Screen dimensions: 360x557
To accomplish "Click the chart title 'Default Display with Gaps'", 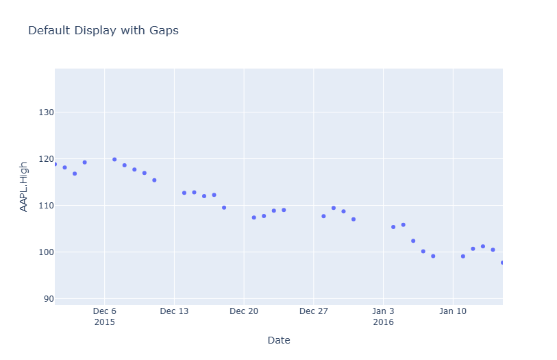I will coord(103,30).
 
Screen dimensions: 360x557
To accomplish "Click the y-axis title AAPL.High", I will coord(23,186).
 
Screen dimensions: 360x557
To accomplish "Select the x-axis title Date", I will coord(279,340).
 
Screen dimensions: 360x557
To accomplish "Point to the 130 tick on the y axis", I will coord(45,112).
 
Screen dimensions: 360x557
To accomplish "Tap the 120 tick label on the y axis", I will coord(45,159).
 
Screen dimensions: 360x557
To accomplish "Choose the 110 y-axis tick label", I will coord(45,206).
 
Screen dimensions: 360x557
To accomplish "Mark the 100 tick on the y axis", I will coord(45,252).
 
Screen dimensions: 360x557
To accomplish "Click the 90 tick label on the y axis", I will coord(47,299).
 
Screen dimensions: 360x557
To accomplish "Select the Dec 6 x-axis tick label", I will coord(104,311).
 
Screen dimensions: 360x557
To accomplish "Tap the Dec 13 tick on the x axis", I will coord(174,311).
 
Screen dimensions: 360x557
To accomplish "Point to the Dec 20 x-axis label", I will coord(244,311).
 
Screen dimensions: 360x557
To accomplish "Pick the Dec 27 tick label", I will coord(313,311).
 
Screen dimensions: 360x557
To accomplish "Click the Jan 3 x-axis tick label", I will coord(383,311).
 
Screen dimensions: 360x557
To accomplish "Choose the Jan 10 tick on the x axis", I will coord(453,311).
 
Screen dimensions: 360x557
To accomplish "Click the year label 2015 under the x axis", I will coord(104,322).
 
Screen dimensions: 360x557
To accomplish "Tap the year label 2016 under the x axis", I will coord(383,322).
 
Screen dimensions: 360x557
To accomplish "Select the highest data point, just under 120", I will coord(114,159).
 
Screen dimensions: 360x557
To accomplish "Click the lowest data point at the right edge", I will coord(502,263).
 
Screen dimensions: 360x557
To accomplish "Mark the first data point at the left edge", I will coord(55,164).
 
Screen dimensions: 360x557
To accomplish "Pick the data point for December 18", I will coord(224,207).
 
